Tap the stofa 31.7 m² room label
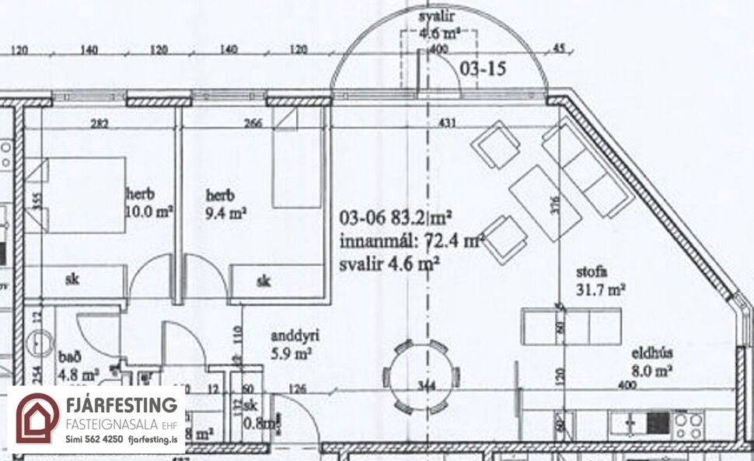tap(599, 281)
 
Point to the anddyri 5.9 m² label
tap(291, 345)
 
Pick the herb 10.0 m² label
tap(148, 201)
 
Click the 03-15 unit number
tap(483, 69)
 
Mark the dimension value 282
tap(98, 123)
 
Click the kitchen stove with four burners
tap(689, 424)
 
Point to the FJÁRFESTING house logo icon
tap(37, 417)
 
